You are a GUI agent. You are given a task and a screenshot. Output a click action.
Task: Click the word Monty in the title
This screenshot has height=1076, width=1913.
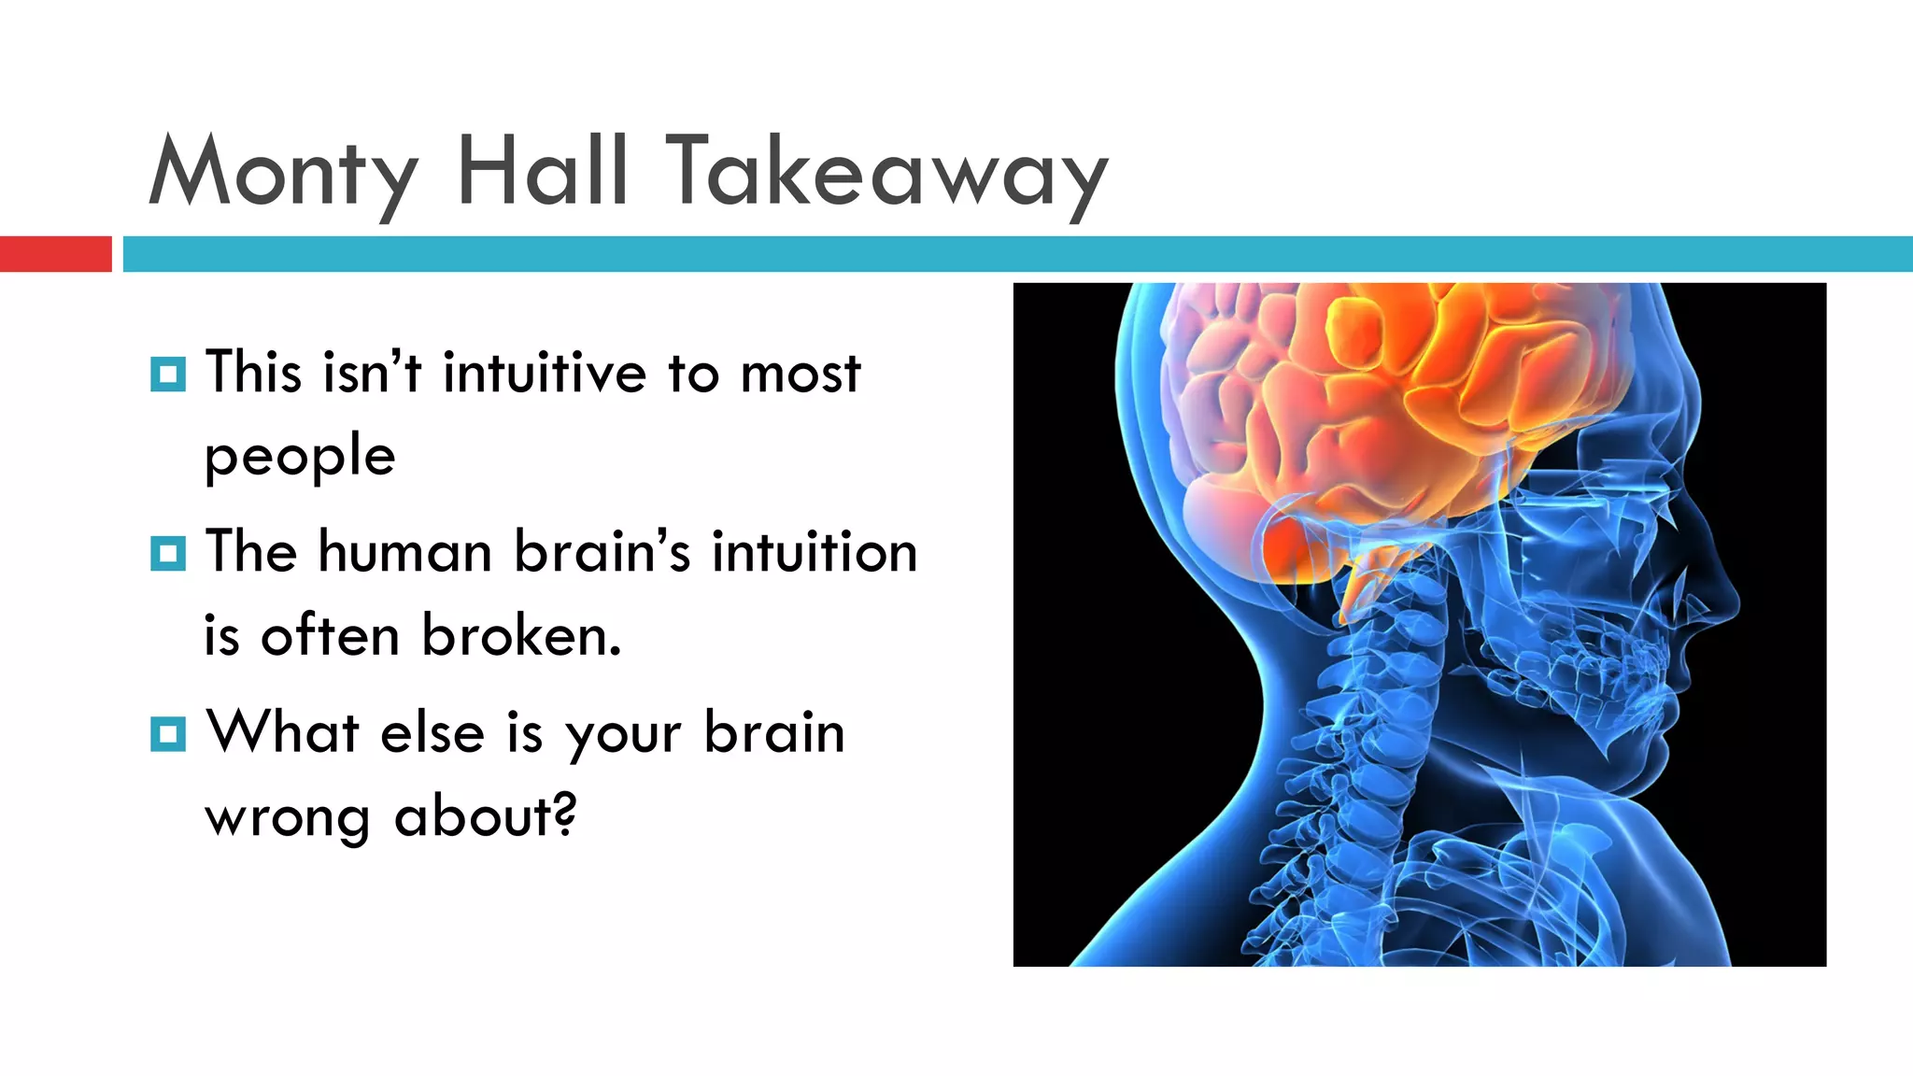point(283,173)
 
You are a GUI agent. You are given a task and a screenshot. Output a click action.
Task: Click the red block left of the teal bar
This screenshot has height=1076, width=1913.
point(55,254)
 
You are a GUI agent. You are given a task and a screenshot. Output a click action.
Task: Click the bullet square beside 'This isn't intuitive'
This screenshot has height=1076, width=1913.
point(168,375)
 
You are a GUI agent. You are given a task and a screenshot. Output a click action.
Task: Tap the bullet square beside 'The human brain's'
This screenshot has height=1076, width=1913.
point(168,554)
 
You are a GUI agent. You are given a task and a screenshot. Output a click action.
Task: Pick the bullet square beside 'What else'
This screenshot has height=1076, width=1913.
point(168,734)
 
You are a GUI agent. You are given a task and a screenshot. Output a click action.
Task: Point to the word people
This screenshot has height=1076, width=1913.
point(300,458)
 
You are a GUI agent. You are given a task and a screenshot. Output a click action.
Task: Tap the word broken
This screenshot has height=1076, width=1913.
point(520,636)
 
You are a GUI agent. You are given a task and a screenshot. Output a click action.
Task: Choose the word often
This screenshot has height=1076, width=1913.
point(330,636)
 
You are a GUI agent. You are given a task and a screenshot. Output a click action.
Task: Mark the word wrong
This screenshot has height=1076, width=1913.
point(287,818)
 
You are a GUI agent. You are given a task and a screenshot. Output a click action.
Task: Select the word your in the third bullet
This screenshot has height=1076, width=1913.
point(623,734)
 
